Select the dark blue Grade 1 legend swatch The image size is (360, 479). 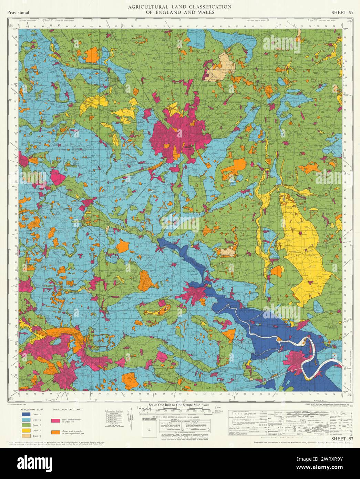click(26, 414)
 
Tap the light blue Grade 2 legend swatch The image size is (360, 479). click(26, 419)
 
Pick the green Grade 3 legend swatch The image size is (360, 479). click(26, 425)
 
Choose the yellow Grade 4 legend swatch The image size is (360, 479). click(26, 430)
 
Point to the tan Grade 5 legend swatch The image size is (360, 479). click(26, 436)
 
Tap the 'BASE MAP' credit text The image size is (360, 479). click(311, 403)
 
